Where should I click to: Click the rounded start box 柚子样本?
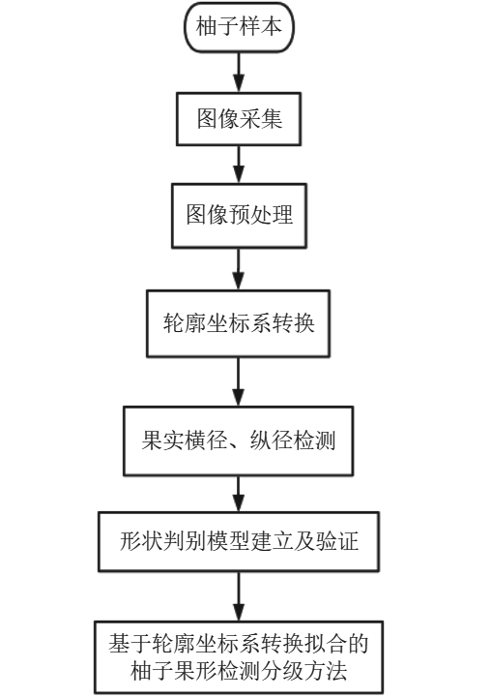239,27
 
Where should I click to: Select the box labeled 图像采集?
239,119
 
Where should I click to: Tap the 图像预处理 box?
239,216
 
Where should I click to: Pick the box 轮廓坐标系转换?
238,323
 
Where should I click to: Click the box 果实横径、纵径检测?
238,440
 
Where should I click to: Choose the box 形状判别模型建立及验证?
239,541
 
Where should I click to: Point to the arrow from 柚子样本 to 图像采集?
239,72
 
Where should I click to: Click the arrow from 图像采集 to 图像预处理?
239,165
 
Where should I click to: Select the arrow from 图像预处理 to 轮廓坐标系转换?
239,269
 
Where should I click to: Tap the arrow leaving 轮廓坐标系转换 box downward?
239,381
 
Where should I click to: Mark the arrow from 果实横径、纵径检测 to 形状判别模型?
239,494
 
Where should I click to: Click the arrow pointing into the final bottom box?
239,596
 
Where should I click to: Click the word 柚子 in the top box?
217,27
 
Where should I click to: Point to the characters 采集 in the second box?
261,119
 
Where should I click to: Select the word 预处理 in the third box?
261,215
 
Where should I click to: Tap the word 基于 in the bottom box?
130,644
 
